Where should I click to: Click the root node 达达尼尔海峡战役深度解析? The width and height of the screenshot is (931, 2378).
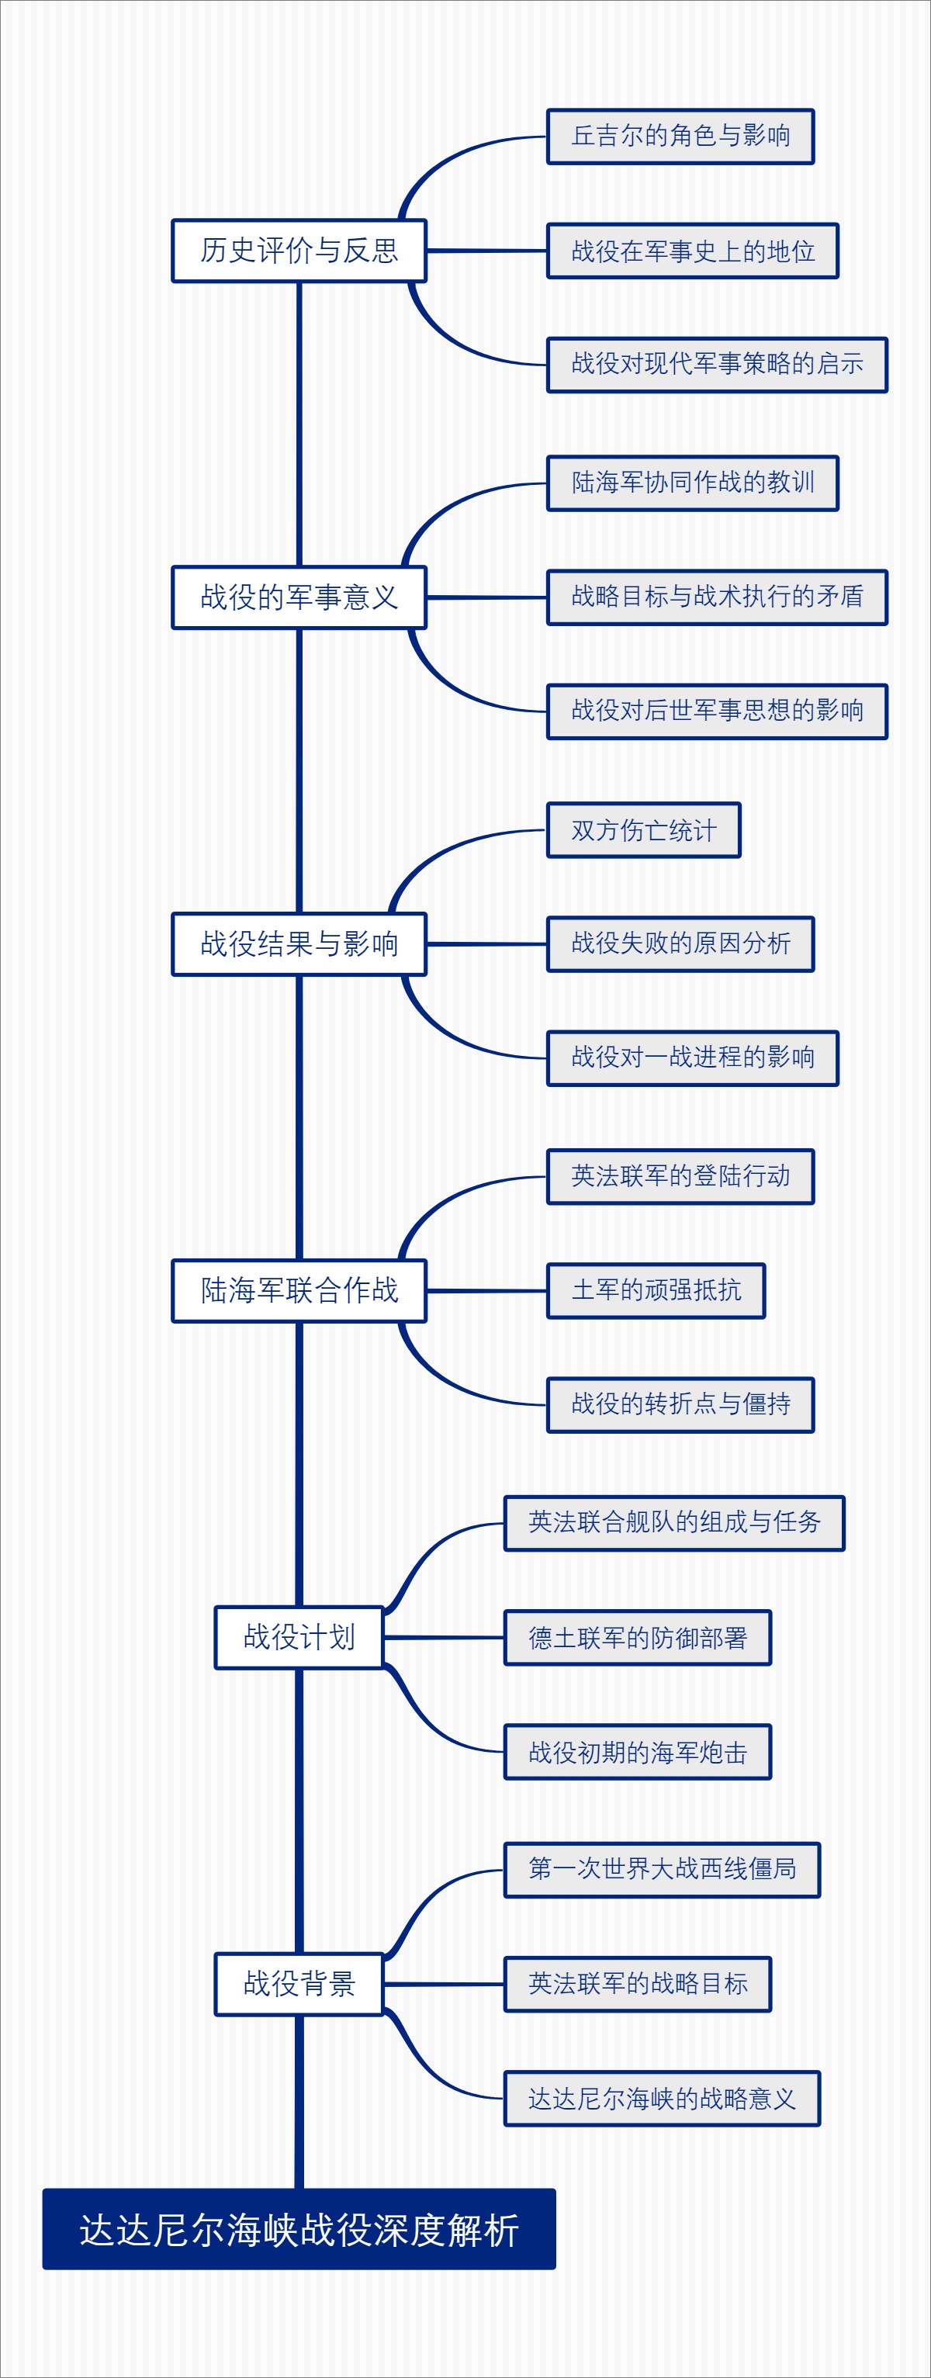(298, 2229)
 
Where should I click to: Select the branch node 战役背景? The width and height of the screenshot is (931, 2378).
(298, 1983)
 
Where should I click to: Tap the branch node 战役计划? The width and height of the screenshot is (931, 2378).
(298, 1637)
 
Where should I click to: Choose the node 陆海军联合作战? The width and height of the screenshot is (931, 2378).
(298, 1289)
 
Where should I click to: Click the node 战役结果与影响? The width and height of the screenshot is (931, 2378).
(298, 943)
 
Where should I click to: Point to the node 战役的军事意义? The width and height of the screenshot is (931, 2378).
(298, 597)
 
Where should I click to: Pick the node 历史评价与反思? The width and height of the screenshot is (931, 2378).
(298, 250)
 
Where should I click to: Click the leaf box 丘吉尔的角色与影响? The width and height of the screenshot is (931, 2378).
(680, 136)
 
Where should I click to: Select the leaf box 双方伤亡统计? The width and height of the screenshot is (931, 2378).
(643, 830)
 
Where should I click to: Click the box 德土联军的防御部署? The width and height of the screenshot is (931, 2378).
(637, 1638)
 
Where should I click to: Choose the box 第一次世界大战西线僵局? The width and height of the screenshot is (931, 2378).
(662, 1868)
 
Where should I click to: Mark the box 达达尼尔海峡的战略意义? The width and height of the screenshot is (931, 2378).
(662, 2098)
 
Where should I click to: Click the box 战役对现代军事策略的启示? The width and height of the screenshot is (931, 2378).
(716, 364)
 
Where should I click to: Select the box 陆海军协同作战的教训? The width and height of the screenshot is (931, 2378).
(692, 482)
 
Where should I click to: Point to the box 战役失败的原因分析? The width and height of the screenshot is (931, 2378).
(680, 943)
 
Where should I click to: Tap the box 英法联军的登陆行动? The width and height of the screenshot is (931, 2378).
(680, 1176)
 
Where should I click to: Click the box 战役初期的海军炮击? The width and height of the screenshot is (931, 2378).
(637, 1751)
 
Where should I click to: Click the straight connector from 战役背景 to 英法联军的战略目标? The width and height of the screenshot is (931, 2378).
(443, 1984)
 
